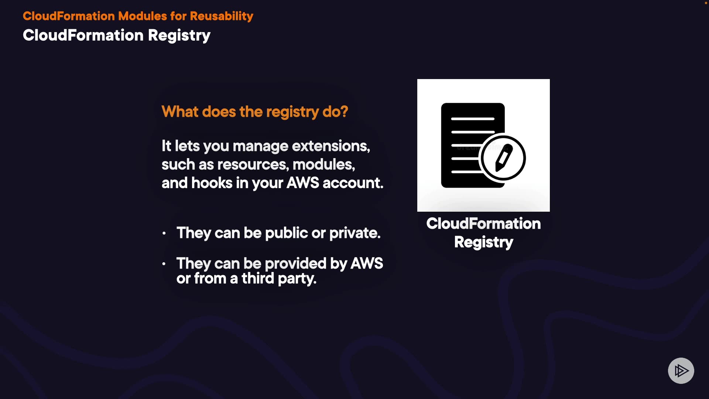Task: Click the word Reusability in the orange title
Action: (221, 16)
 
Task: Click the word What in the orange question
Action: (180, 112)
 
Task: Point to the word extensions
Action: (330, 146)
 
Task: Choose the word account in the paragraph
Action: (353, 183)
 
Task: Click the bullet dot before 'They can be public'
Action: (164, 233)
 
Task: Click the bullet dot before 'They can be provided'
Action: (164, 264)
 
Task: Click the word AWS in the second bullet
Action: (366, 264)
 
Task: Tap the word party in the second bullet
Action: (297, 279)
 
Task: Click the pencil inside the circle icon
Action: (503, 158)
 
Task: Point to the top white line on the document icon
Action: (473, 119)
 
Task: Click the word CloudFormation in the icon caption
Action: (483, 224)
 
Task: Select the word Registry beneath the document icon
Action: (483, 242)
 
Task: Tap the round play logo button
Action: (681, 371)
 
